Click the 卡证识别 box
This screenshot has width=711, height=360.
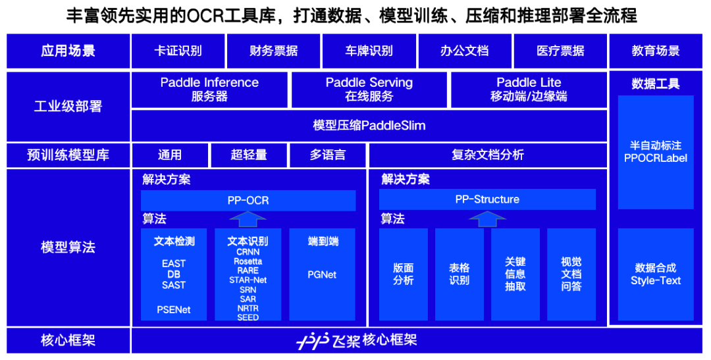coord(178,51)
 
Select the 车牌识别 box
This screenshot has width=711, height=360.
coord(369,51)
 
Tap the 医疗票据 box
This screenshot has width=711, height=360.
coord(560,51)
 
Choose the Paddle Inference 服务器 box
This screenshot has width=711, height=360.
coord(209,90)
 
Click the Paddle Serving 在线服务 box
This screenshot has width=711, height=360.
coord(369,90)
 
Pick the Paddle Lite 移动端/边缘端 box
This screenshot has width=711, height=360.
coord(529,90)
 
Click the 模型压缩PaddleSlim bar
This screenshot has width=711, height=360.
coord(369,125)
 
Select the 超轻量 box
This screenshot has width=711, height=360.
coord(249,155)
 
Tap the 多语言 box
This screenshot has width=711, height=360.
coord(327,155)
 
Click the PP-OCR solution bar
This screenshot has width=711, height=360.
coord(248,200)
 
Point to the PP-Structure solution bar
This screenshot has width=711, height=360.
coord(487,199)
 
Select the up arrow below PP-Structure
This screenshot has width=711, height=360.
coord(487,219)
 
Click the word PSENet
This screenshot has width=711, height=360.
coord(174,309)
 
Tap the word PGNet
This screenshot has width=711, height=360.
coord(322,274)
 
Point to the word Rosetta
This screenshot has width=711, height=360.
coord(248,261)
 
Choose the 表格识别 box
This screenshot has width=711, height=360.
coord(460,274)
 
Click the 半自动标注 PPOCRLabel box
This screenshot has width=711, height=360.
coord(655,151)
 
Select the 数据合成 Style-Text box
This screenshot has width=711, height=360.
coord(655,274)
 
